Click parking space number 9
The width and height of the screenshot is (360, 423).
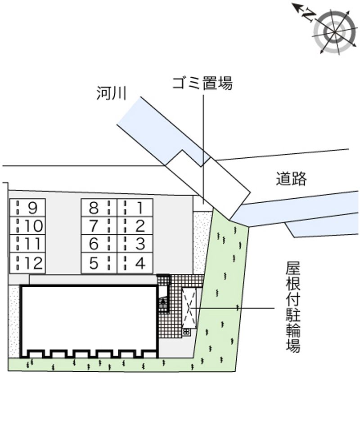[x=27, y=207]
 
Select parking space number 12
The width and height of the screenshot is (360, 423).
[x=27, y=263]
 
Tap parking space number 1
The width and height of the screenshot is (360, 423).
[x=135, y=207]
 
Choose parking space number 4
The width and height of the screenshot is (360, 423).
[x=135, y=263]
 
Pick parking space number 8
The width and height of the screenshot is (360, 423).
[x=99, y=207]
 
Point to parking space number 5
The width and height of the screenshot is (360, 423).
[x=99, y=263]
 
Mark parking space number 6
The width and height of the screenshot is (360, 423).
[x=99, y=244]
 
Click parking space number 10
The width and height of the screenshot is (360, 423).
[x=27, y=226]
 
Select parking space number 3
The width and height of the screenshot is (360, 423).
[x=135, y=244]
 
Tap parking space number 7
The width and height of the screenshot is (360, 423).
[x=99, y=226]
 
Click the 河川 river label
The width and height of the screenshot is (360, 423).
[x=111, y=93]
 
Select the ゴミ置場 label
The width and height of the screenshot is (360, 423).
[x=202, y=83]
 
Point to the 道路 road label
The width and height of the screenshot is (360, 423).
[x=291, y=178]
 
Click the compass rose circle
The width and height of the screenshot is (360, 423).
[x=335, y=32]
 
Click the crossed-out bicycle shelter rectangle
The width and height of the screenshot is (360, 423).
[x=189, y=308]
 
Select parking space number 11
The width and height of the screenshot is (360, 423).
[x=27, y=244]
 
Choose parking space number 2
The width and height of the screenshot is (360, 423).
[x=135, y=226]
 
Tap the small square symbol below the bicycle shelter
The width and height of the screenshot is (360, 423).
[x=187, y=332]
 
